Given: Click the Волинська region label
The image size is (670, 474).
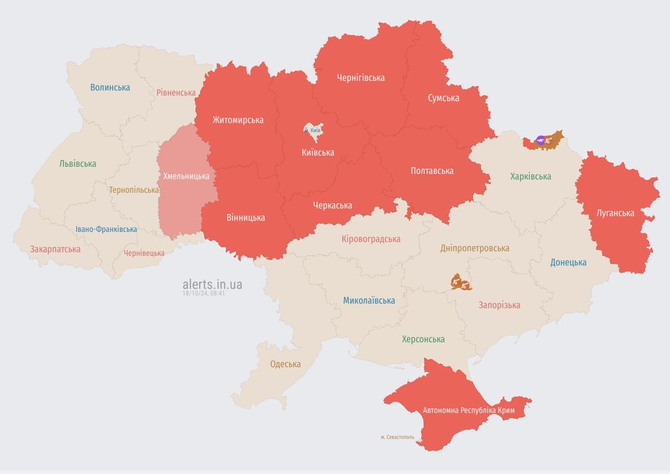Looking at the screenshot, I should click(110, 87).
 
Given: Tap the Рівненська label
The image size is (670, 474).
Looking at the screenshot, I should click(176, 93).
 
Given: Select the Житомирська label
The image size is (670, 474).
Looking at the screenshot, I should click(238, 120).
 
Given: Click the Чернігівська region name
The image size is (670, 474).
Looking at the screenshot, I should click(360, 78).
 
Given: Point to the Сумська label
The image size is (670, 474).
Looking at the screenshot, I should click(443, 98).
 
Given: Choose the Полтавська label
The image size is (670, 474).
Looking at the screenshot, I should click(432, 170).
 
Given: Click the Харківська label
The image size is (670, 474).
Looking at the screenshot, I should click(531, 177).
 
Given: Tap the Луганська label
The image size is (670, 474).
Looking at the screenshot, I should click(615, 213).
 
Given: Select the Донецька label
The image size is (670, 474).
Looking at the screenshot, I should click(568, 262).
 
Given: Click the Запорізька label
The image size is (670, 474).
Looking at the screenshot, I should click(499, 305).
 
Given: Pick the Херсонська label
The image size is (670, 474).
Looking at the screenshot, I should click(423, 339).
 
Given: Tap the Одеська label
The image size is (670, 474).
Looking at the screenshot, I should click(286, 364).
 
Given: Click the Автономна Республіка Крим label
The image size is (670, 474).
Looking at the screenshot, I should click(468, 410).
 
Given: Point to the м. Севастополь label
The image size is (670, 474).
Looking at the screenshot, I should click(397, 437).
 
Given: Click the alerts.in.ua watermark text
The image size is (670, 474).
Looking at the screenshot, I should click(212, 284).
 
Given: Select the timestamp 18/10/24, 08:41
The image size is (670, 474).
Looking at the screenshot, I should click(204, 294).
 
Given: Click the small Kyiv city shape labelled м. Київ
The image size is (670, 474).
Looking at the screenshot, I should click(313, 130).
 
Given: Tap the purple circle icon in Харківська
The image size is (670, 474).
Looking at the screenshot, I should click(540, 140).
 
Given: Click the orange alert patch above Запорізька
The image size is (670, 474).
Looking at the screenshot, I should click(460, 283).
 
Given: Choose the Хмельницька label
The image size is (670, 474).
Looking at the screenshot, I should click(186, 176).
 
